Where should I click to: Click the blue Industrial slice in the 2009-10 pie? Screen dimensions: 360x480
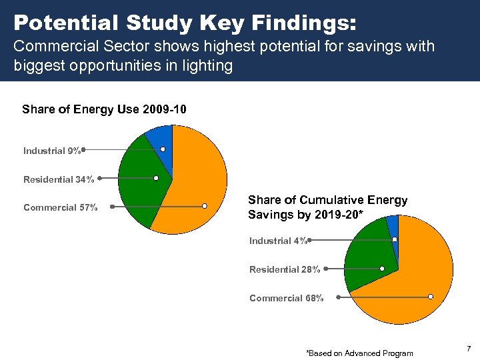160,138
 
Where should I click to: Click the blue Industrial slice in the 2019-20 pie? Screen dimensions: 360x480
393,227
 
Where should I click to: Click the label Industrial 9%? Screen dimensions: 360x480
52,151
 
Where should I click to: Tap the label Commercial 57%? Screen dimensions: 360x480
60,207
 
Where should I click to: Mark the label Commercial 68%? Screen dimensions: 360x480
286,298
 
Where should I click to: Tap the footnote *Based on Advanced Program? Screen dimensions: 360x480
359,353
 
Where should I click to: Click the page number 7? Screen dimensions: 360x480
469,349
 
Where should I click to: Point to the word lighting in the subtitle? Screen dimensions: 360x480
209,67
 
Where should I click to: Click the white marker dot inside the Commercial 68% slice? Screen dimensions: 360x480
431,296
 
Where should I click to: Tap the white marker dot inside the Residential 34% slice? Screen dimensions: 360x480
155,178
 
